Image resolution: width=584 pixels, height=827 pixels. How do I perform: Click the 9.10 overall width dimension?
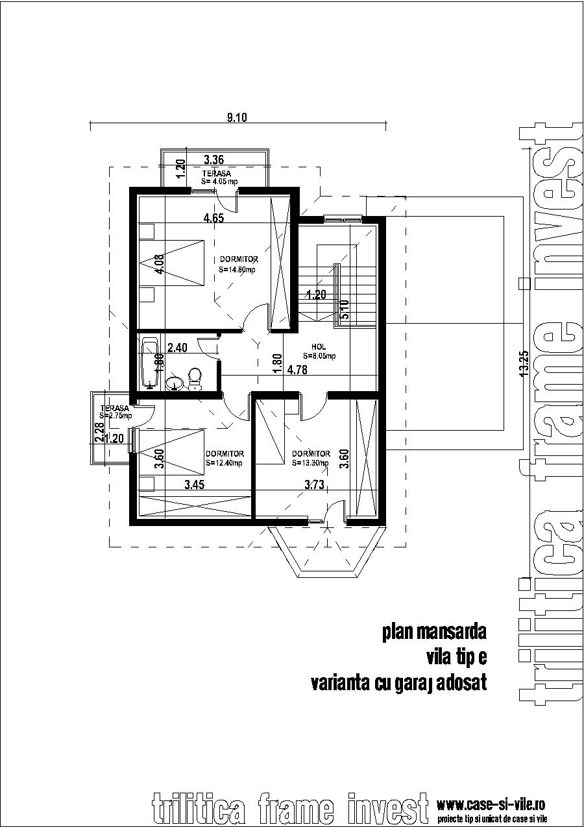[237, 117]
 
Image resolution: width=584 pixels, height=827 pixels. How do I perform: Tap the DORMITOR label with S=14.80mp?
[238, 264]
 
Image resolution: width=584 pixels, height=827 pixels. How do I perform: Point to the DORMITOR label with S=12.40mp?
[224, 458]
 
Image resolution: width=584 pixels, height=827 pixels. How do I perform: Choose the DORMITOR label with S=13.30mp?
[311, 458]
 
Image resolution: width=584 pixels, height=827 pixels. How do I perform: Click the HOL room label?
[319, 351]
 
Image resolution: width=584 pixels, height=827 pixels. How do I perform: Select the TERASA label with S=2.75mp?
[116, 412]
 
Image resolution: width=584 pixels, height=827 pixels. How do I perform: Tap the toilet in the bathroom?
[193, 378]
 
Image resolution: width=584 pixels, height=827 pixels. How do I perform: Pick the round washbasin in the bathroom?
[174, 383]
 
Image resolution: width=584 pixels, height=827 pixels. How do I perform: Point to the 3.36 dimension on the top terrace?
[213, 160]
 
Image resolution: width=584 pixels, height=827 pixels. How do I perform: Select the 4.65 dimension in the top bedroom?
[213, 219]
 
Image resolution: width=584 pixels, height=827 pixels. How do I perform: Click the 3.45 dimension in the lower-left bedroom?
[195, 484]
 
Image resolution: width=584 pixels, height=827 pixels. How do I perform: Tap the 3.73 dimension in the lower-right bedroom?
[316, 484]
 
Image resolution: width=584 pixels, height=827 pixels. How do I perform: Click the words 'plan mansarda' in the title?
[434, 632]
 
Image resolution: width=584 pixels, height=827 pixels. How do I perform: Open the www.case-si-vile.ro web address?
[491, 805]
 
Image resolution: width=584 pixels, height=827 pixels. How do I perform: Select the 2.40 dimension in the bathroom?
[177, 348]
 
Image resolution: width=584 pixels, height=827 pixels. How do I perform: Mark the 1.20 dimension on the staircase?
[316, 295]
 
